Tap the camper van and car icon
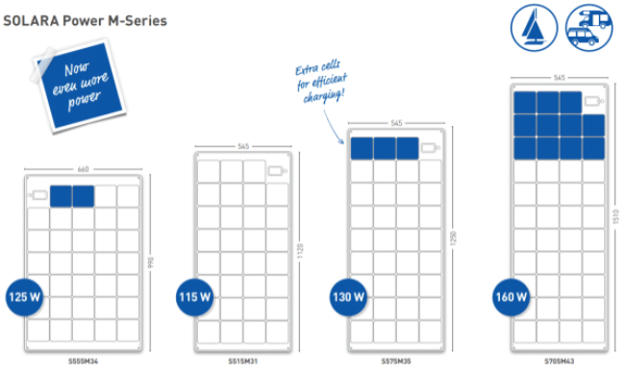coord(586,27)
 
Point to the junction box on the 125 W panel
coord(38,196)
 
